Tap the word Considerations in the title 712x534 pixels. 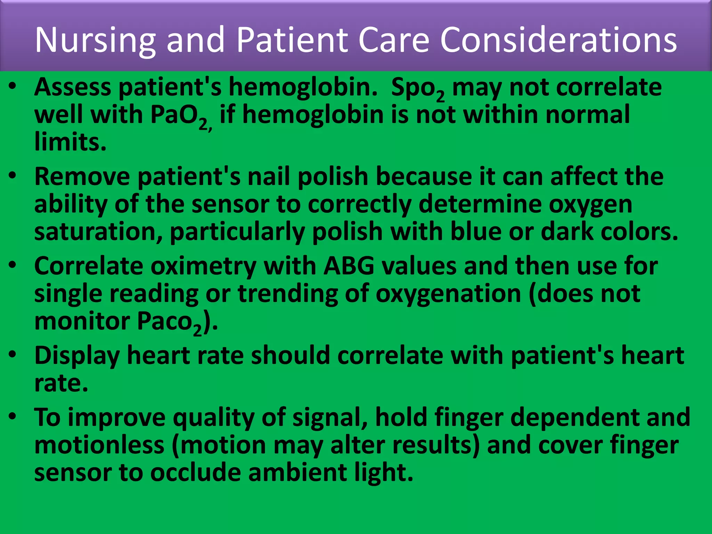point(558,40)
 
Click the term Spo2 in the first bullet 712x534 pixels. point(417,88)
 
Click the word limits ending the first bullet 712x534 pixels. point(70,142)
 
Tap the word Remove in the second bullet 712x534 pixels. point(82,177)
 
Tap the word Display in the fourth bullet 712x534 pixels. point(77,356)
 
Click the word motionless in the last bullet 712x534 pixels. point(99,445)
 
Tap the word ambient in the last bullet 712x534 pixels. point(298,473)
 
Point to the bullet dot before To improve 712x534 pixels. point(13,416)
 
